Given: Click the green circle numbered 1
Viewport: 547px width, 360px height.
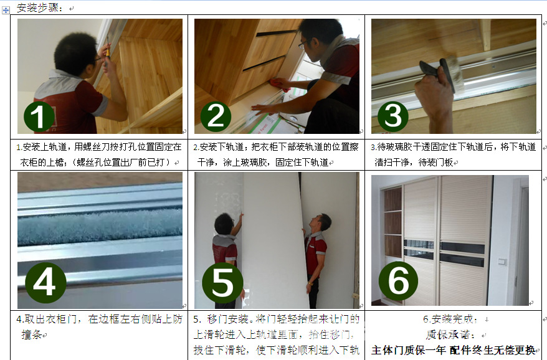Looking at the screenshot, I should point(39,116).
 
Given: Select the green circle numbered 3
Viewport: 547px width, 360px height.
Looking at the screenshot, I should point(392,116).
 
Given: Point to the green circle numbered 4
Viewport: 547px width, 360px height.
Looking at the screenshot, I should point(45,283).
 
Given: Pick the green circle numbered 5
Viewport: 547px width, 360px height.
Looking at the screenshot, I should point(222,283).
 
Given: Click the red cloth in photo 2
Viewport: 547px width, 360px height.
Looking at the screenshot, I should point(278,83).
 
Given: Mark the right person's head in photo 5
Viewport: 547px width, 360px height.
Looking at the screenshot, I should point(323,222).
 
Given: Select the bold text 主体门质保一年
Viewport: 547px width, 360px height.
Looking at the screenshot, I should point(408,349).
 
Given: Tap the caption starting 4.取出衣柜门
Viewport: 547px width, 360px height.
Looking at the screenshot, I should point(100,319).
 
